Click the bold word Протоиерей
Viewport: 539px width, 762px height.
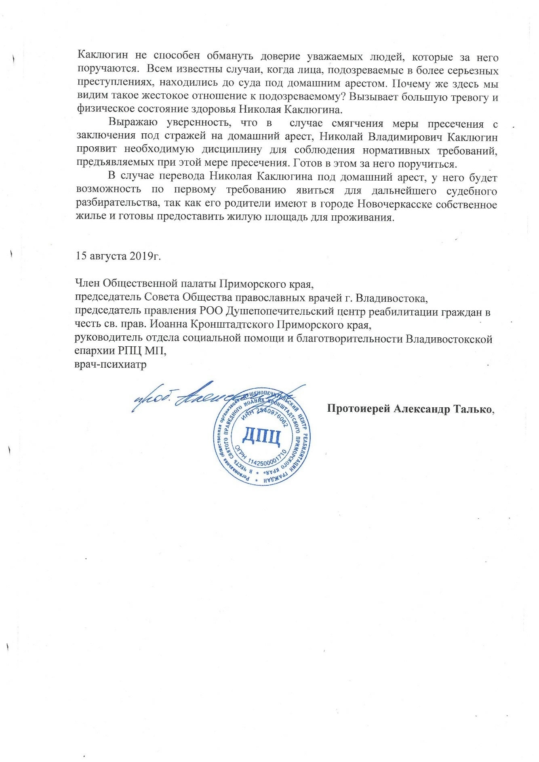358,408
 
